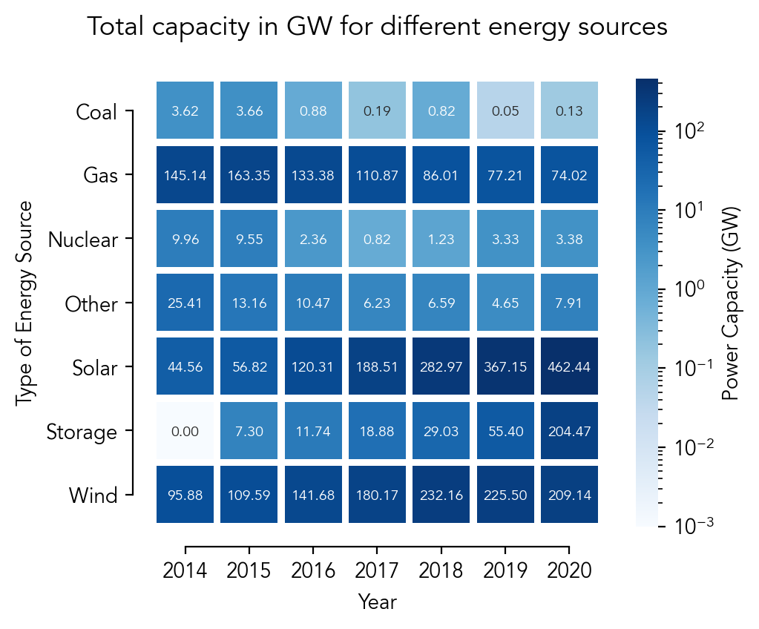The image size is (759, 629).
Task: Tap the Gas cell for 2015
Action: click(249, 176)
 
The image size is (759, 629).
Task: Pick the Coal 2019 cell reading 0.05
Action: click(505, 112)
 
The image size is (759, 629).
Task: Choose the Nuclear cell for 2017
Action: click(377, 240)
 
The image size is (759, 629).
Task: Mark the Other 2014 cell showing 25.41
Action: click(185, 303)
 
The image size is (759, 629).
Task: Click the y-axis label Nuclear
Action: click(82, 240)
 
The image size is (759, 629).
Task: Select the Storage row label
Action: click(82, 432)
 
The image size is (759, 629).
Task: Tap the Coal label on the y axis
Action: click(96, 113)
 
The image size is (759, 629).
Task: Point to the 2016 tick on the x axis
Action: click(313, 571)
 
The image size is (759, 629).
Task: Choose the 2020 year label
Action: click(569, 571)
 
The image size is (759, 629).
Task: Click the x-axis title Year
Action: click(377, 602)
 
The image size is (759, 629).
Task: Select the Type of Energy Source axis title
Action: click(26, 303)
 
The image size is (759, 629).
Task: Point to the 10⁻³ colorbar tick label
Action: click(694, 525)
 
